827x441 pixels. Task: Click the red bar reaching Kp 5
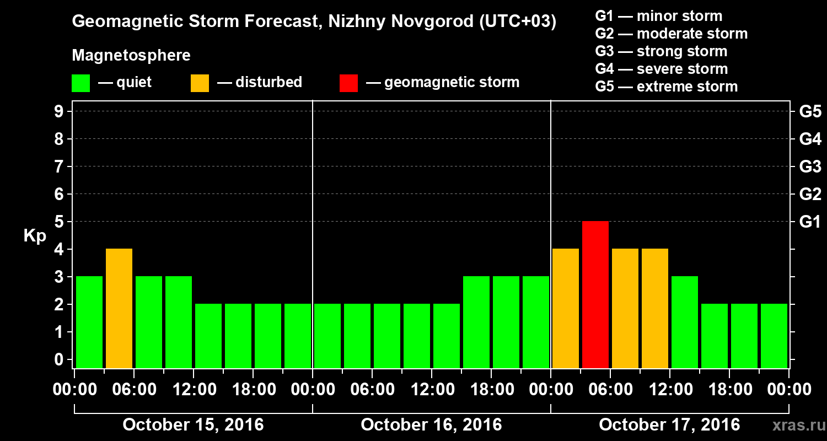click(595, 294)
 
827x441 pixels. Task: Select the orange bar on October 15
click(119, 308)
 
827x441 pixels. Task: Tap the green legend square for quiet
click(80, 83)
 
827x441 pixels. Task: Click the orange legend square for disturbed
click(200, 83)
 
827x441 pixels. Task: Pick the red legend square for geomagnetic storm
click(348, 83)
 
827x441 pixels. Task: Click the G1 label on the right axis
click(810, 222)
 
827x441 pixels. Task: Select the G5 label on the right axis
click(810, 112)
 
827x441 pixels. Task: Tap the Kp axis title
click(35, 236)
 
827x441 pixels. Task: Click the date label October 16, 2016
click(431, 425)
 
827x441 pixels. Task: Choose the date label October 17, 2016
click(669, 425)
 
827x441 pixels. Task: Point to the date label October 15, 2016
click(193, 425)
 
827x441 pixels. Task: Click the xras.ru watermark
click(794, 426)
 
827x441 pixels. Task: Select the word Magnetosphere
click(131, 56)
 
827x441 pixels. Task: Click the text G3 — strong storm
click(661, 51)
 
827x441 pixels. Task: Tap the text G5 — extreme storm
click(666, 87)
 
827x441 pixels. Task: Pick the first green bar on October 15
click(89, 322)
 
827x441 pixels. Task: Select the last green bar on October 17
click(774, 336)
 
